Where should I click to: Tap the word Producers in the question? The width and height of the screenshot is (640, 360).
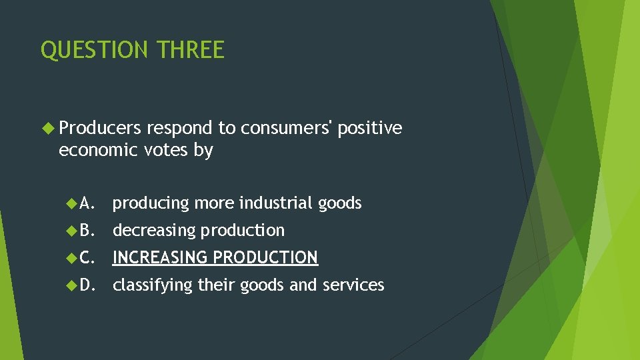pyautogui.click(x=100, y=128)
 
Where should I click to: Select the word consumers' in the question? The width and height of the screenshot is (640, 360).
pyautogui.click(x=287, y=128)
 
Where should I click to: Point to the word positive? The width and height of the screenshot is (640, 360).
pyautogui.click(x=370, y=128)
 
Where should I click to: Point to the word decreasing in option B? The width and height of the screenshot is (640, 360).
pyautogui.click(x=154, y=231)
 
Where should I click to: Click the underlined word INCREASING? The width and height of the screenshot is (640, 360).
pyautogui.click(x=160, y=258)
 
